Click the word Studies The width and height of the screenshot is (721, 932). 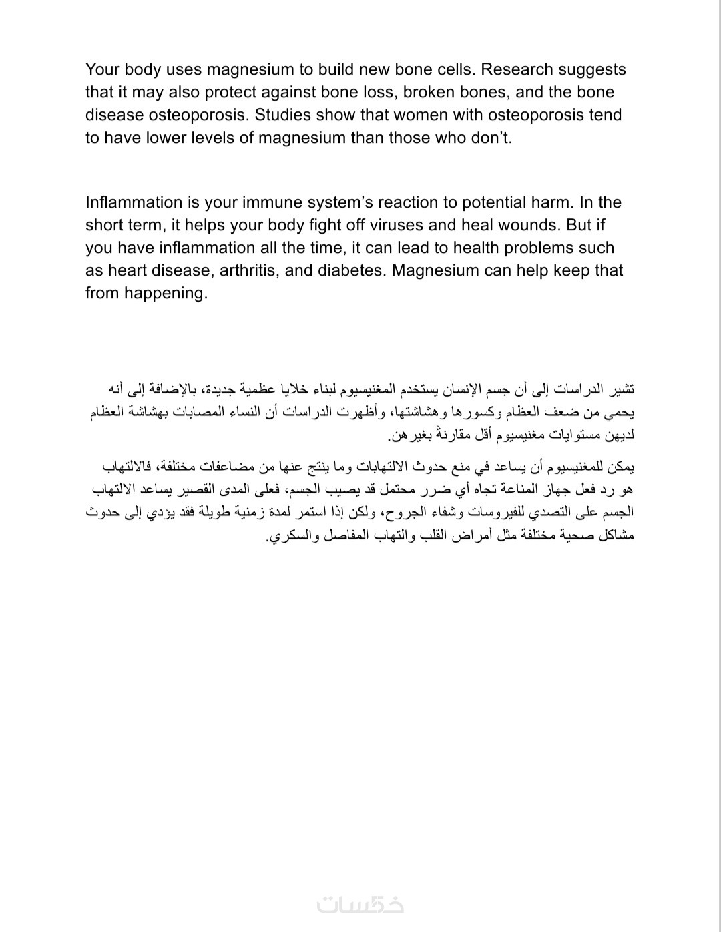point(285,115)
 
